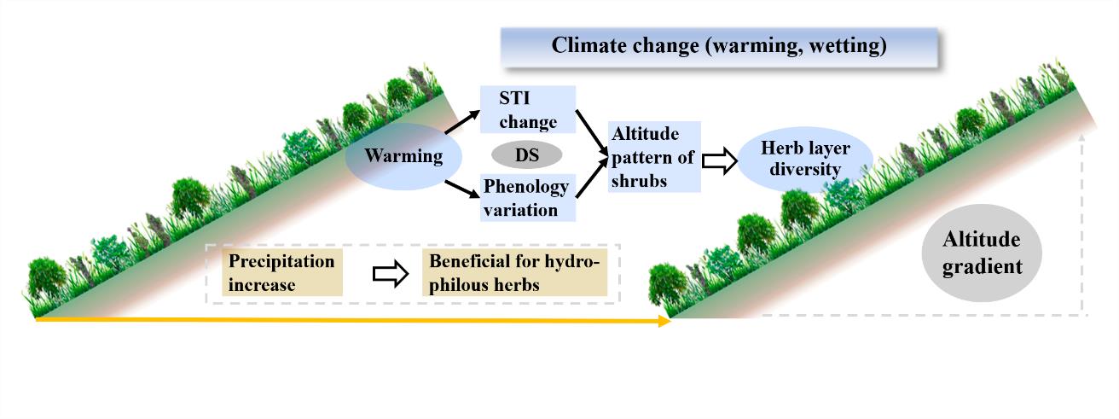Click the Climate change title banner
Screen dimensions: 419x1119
(719, 46)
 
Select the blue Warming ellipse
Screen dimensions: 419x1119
(403, 157)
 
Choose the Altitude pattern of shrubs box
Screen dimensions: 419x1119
(654, 157)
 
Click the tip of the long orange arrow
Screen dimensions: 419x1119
(669, 321)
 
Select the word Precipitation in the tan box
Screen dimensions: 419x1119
(281, 262)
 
